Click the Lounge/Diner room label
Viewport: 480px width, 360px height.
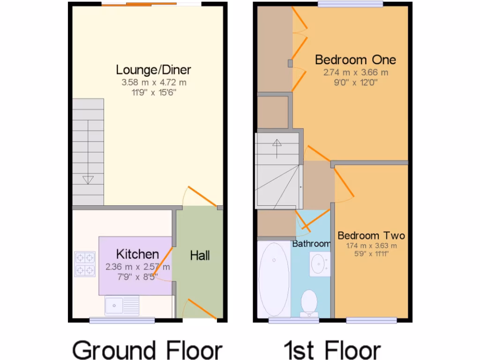pos(153,70)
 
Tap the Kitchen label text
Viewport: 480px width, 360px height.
pos(137,255)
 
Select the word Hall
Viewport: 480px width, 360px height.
pos(200,255)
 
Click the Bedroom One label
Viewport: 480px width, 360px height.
pos(355,60)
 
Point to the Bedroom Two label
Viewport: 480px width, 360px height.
pos(371,235)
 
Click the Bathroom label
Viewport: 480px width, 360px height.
pos(311,244)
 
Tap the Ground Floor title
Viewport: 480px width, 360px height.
pos(147,350)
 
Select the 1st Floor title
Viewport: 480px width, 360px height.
pos(332,350)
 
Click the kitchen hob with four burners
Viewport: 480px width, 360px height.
pos(85,263)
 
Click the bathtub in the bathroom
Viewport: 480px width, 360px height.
pos(274,279)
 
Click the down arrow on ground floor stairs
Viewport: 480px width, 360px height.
pos(88,180)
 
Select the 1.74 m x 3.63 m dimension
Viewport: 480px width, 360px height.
pos(371,246)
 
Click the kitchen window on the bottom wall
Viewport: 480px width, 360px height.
pos(122,320)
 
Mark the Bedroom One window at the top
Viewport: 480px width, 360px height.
pos(350,5)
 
